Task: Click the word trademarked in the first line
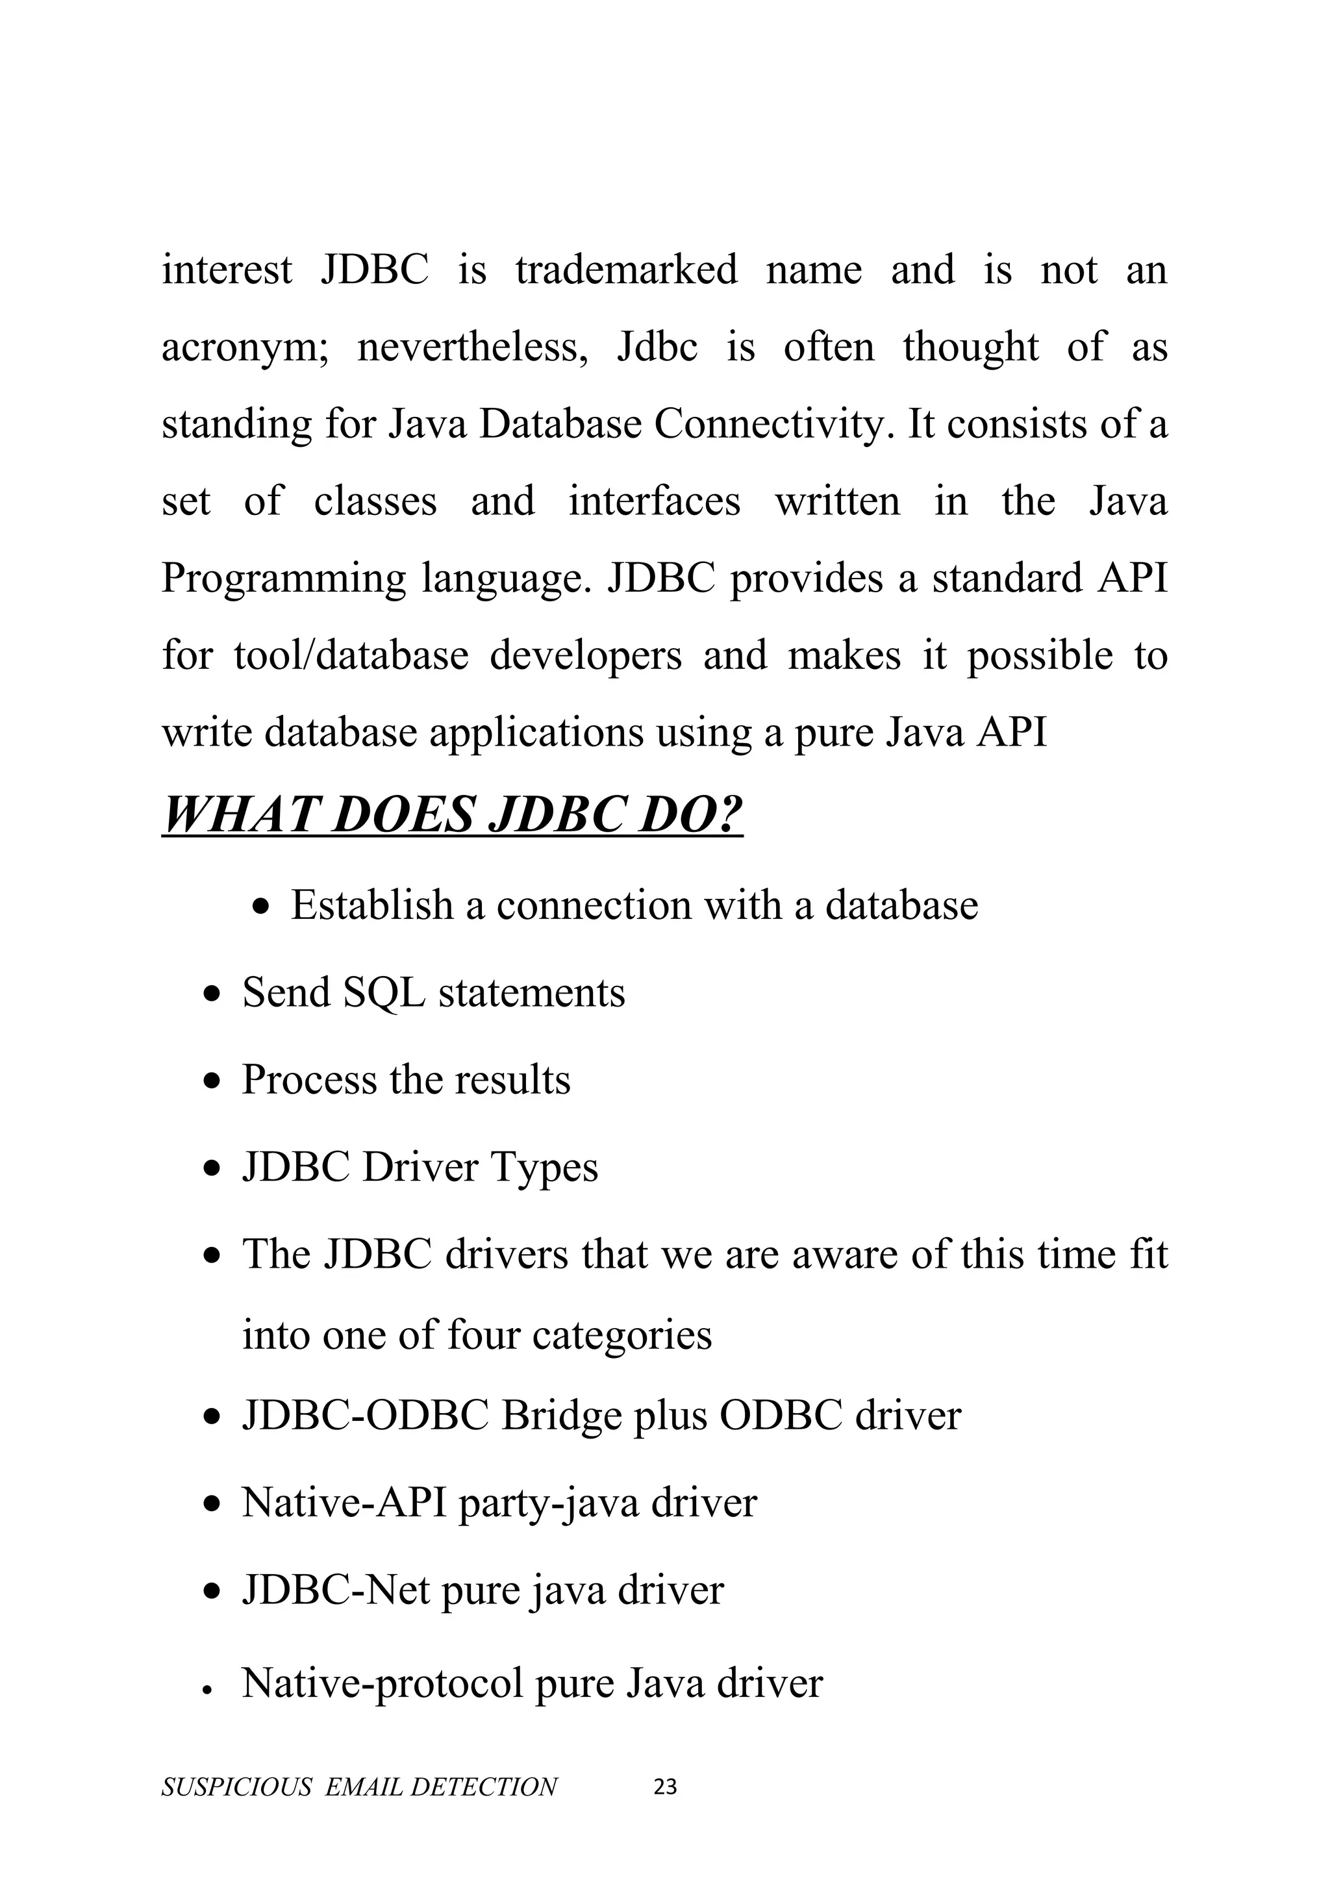[x=626, y=270]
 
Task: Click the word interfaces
[x=654, y=501]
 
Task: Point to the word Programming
[x=282, y=579]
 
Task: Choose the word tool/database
[x=351, y=656]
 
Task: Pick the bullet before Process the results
[x=213, y=1081]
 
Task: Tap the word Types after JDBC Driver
[x=544, y=1167]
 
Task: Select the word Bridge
[x=560, y=1416]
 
